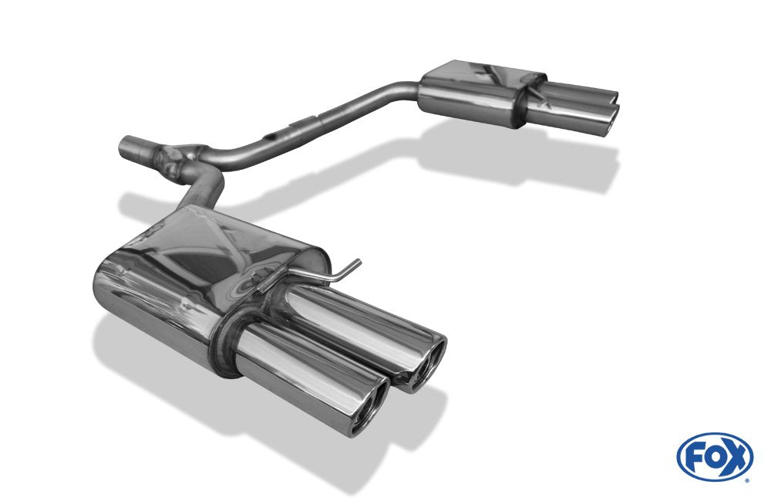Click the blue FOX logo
pyautogui.click(x=714, y=457)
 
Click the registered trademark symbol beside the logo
pyautogui.click(x=746, y=479)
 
